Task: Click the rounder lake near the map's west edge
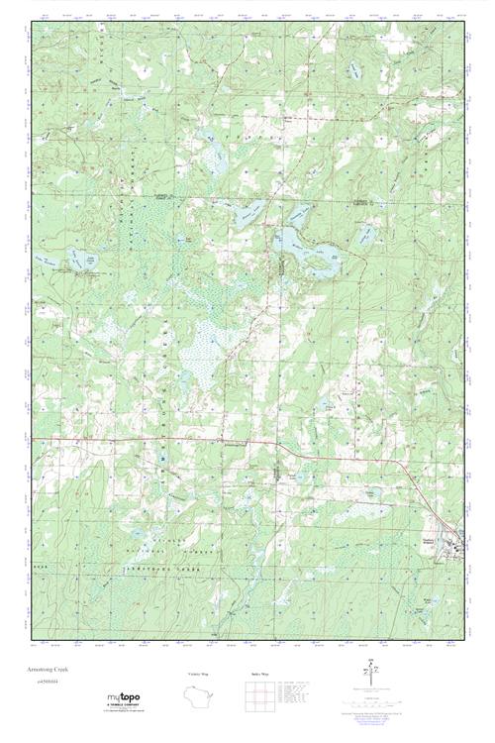75,263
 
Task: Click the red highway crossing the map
198,440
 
